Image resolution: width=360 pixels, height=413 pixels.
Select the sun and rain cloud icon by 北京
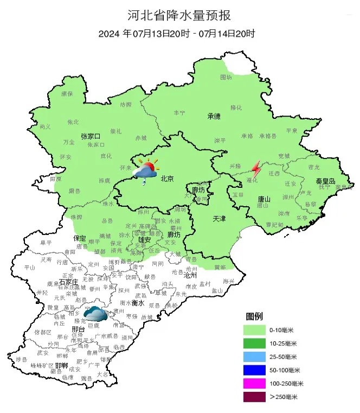coord(145,169)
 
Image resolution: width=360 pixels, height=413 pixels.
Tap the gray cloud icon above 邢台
coord(95,314)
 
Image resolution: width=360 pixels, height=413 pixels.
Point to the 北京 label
coord(166,179)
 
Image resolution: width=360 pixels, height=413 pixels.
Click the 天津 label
coord(219,218)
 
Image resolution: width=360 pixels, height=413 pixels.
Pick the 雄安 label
coord(145,239)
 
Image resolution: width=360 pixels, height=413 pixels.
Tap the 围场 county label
coord(226,78)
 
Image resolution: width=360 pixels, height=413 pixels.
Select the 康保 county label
coord(67,93)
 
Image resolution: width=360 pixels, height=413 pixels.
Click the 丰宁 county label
coord(179,112)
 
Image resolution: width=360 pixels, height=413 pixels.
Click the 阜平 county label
coord(46,243)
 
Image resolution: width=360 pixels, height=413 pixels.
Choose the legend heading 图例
coord(254,316)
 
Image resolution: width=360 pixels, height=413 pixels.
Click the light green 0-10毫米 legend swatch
coord(255,329)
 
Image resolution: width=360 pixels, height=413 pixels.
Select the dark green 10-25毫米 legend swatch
coord(255,343)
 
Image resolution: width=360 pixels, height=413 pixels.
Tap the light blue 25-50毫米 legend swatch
coord(255,357)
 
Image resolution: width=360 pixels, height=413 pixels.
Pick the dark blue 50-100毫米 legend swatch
coord(255,370)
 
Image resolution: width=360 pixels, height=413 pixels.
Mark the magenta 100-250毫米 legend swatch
coord(255,384)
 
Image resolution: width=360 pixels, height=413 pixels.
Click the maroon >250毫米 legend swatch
coord(255,397)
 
